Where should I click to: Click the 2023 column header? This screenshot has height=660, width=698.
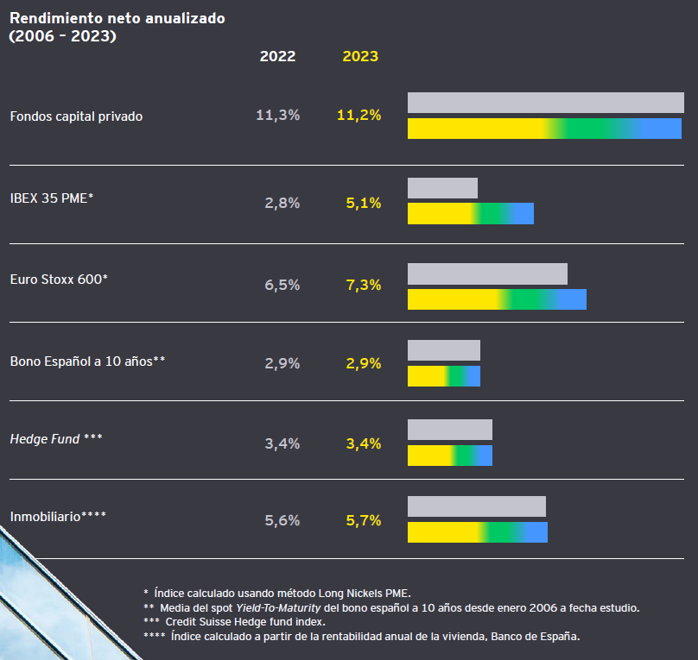pos(360,56)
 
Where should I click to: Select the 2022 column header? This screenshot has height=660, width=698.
pos(277,56)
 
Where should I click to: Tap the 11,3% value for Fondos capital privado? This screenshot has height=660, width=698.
pos(277,115)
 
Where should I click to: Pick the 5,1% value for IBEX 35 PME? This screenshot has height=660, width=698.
pos(363,203)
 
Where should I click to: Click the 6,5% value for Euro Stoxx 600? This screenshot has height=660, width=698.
pos(282,285)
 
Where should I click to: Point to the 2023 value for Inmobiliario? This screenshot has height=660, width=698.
pos(363,520)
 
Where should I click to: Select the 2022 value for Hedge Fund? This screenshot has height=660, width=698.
pos(282,443)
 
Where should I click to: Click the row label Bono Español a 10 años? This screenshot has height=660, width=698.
pos(87,361)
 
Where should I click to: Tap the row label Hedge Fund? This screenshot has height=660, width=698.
pos(56,439)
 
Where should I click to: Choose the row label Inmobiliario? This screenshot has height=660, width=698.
pos(58,517)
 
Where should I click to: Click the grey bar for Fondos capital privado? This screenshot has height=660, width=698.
pos(545,103)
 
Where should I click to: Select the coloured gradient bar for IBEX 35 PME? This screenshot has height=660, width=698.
pos(470,213)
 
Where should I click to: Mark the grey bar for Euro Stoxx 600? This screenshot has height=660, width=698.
pos(487,273)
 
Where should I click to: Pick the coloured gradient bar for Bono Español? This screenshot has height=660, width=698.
pos(443,376)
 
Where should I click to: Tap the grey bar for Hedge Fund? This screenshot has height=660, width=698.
pos(449,430)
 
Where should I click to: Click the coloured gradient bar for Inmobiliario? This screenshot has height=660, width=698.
pos(477,532)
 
